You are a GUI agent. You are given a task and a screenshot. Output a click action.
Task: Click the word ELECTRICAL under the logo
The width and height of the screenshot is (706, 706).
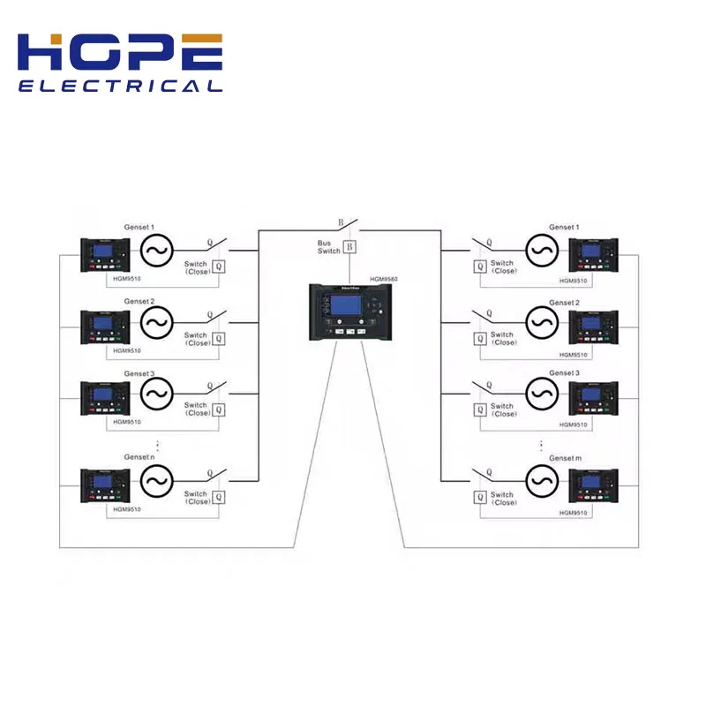120,86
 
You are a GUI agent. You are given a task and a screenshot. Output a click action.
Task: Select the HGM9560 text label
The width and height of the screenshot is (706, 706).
385,279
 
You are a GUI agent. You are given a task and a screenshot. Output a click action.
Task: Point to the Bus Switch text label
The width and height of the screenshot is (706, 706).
329,247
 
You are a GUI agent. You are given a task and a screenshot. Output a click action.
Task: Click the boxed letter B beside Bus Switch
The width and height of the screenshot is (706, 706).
349,246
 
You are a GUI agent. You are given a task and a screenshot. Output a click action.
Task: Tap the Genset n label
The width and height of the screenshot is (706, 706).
139,456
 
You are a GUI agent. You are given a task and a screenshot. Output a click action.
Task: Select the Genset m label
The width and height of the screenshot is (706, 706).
566,458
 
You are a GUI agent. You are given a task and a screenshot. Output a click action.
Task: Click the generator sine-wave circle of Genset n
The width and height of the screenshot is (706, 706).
155,481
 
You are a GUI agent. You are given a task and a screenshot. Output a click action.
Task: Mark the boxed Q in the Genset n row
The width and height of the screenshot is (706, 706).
219,498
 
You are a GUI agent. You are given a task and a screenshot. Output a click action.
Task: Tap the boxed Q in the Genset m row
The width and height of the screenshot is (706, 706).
480,498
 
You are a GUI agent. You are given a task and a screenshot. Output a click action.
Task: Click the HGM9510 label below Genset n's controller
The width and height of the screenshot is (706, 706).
127,509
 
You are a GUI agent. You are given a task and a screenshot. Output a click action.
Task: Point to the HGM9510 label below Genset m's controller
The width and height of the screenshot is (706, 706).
574,512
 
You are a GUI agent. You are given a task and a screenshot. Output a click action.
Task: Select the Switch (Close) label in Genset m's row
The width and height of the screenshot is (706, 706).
502,499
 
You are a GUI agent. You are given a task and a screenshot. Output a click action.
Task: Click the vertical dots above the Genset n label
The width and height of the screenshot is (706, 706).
157,443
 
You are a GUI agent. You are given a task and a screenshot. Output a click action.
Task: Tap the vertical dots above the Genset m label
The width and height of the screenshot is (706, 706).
541,445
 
